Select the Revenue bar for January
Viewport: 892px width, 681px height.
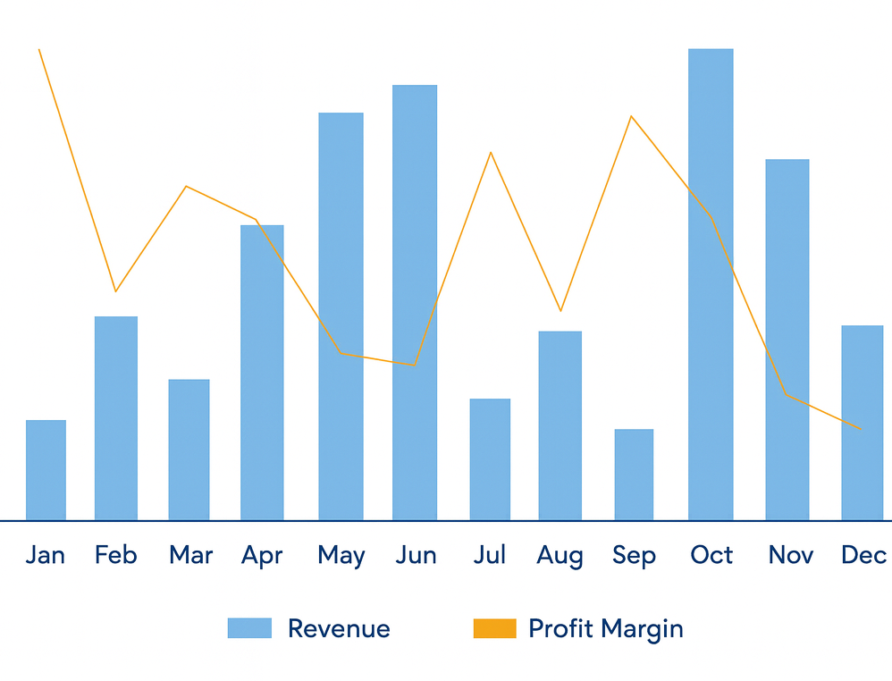(46, 470)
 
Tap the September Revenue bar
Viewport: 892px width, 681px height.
(634, 475)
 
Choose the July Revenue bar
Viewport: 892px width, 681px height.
(490, 459)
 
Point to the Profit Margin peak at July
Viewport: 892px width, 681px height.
(491, 153)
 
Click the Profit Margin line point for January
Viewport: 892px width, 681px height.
(39, 50)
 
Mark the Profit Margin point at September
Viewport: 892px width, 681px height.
(631, 116)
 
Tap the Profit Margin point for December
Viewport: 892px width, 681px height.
(860, 429)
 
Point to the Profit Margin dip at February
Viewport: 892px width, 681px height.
(115, 291)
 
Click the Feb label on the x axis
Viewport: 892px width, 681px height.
(116, 555)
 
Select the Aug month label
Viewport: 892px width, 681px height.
(560, 555)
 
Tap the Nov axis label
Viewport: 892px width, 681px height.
(790, 555)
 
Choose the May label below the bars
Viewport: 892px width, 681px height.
(341, 556)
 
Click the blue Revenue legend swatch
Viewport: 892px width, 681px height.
(249, 628)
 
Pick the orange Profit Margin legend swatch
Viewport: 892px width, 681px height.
(494, 628)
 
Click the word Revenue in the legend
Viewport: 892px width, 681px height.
(339, 628)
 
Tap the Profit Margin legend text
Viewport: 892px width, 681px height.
(605, 628)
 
